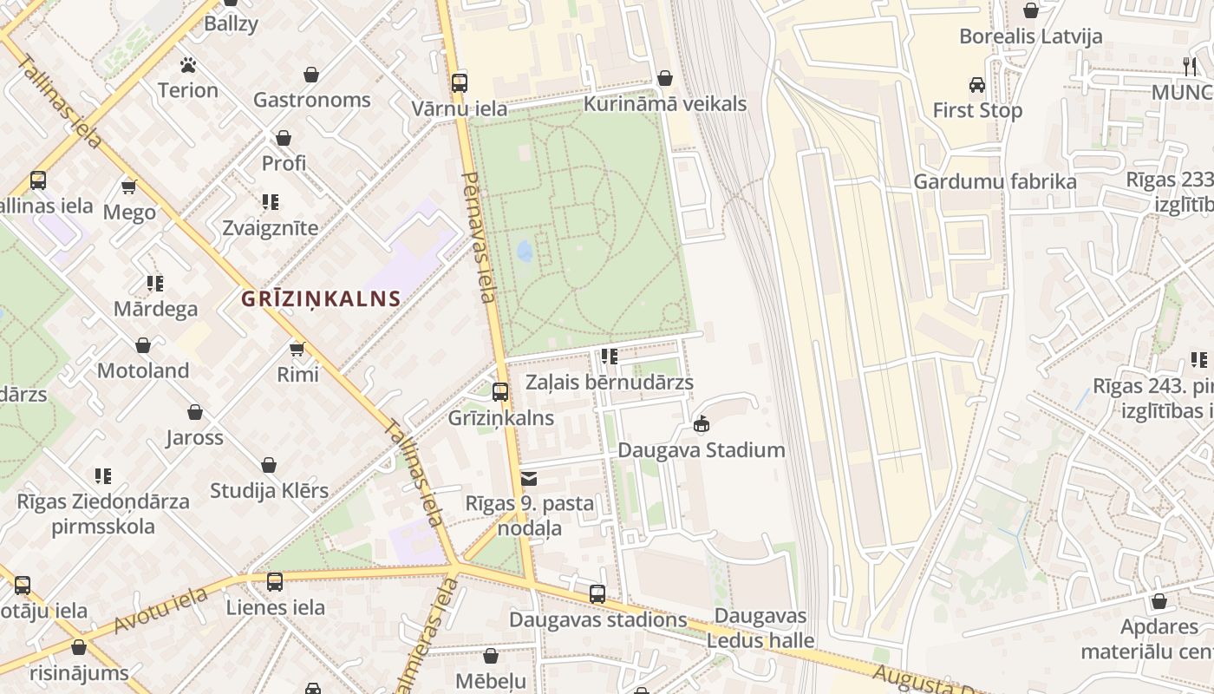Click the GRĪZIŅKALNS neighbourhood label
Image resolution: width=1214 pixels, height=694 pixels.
point(321,299)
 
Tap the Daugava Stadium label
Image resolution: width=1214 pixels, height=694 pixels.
point(701,450)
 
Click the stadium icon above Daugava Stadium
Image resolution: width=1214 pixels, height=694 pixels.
point(702,424)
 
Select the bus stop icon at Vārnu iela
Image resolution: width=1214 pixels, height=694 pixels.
point(459,83)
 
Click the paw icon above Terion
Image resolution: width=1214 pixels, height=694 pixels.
point(187,65)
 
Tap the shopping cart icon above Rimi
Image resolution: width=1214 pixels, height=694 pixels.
point(297,349)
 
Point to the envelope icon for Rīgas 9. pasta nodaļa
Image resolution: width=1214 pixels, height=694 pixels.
point(529,479)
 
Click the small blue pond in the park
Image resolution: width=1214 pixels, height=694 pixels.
point(525,251)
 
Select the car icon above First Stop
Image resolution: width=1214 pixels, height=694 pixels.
point(977,85)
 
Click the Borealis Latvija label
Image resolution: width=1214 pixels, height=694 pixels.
point(1030,36)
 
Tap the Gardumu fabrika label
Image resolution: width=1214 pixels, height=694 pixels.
point(995,181)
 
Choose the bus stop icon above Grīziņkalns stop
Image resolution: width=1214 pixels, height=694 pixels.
point(500,392)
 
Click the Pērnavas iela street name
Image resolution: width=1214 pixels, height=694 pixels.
point(480,236)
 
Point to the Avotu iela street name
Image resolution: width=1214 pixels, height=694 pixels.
point(160,610)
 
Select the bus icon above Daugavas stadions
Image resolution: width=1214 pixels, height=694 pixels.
point(597,594)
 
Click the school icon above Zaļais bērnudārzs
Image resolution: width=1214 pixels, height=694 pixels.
point(610,357)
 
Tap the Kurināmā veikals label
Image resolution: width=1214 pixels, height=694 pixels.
point(665,104)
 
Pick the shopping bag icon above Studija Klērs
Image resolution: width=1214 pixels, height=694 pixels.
point(269,466)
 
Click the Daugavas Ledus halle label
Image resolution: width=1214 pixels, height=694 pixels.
point(760,629)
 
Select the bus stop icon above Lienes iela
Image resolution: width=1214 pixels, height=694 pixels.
point(275,582)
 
